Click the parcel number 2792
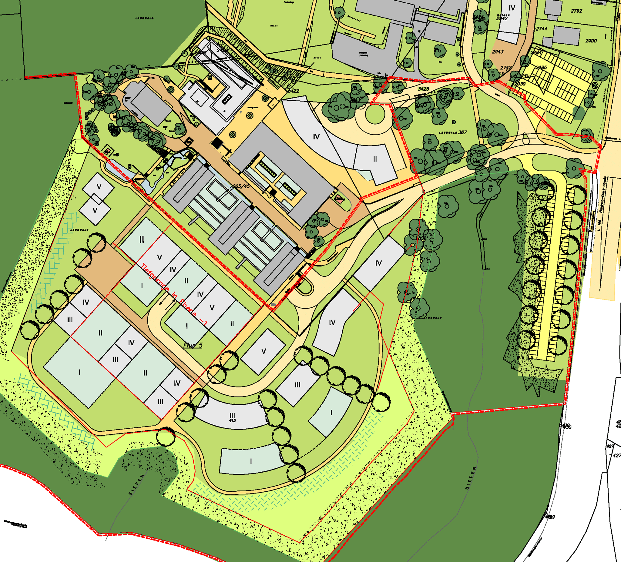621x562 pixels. click(x=576, y=11)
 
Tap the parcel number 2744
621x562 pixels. click(x=541, y=28)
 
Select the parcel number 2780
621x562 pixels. click(x=591, y=41)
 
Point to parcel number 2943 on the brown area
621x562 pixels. click(x=498, y=52)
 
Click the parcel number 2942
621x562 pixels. click(x=502, y=18)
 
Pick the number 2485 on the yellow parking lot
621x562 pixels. click(x=541, y=67)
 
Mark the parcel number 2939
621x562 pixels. click(x=520, y=84)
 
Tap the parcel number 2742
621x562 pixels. click(x=506, y=68)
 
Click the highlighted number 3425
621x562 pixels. click(x=423, y=89)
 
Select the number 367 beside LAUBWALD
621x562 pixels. click(x=462, y=132)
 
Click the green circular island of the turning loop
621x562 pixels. click(x=375, y=114)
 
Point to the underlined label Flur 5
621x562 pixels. click(x=193, y=345)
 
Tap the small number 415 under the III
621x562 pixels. click(x=232, y=420)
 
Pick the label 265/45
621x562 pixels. click(x=241, y=186)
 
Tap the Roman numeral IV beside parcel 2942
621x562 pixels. click(x=512, y=8)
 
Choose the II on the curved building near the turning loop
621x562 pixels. click(x=375, y=159)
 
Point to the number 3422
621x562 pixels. click(x=293, y=91)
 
